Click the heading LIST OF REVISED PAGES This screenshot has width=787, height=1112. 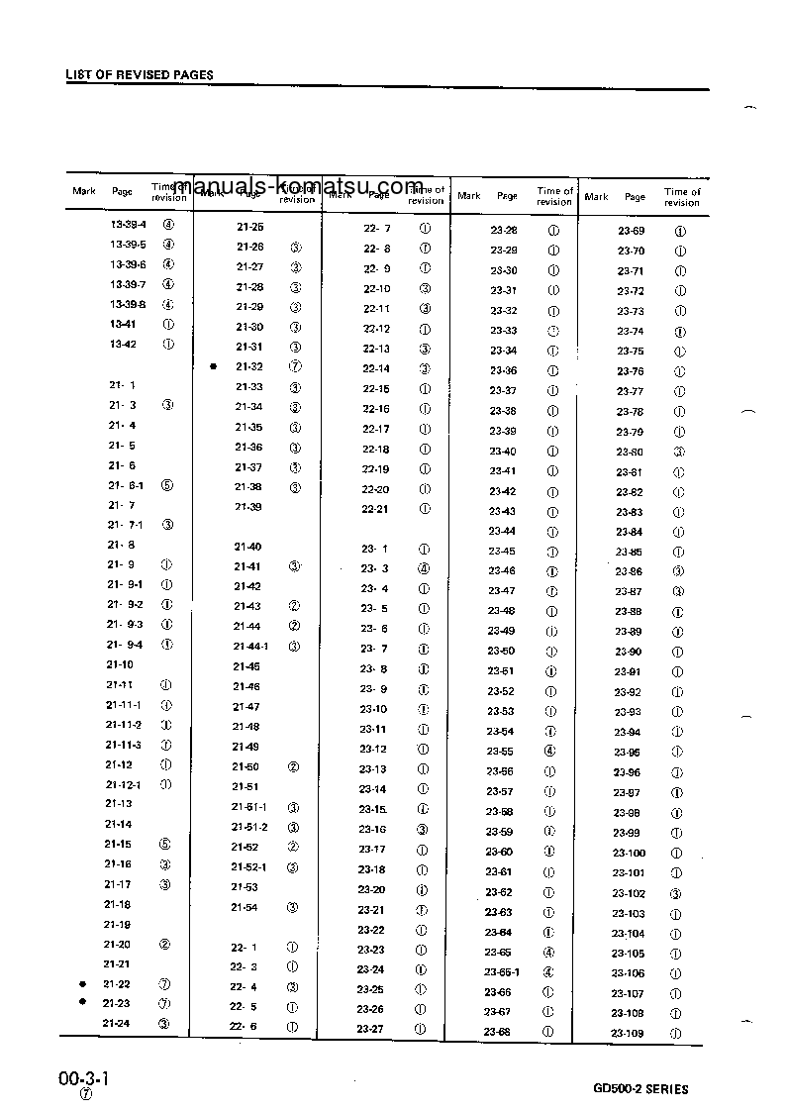[140, 75]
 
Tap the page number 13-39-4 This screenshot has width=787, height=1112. [128, 224]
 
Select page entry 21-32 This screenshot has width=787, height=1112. [249, 366]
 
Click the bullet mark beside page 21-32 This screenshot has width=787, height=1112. [213, 366]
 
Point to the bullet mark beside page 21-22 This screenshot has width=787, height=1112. [83, 983]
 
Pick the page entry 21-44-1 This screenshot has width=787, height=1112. [251, 647]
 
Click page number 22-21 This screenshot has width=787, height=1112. [376, 509]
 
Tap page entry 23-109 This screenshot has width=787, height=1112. [628, 1033]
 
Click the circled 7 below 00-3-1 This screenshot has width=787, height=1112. [86, 1094]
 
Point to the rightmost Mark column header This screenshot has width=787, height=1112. [596, 197]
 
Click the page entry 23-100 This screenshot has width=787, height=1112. [629, 853]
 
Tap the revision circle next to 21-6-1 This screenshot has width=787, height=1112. [166, 485]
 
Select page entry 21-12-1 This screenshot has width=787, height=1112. [124, 784]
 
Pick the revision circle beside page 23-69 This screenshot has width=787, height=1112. [680, 231]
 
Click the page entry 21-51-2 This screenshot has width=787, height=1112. [249, 827]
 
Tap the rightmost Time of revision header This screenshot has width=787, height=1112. [681, 197]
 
